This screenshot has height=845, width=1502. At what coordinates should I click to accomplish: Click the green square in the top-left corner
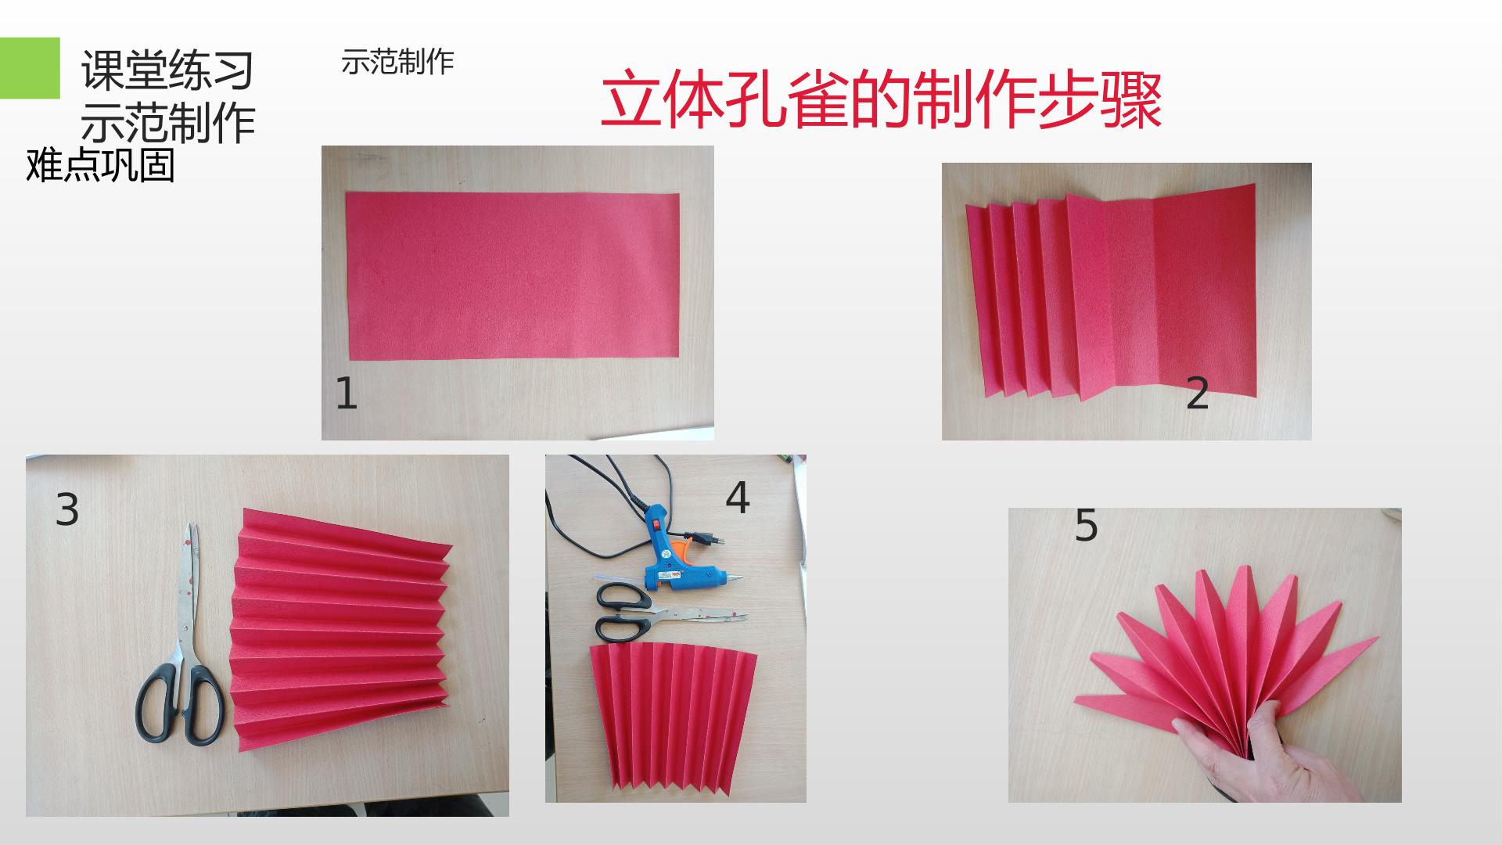point(30,68)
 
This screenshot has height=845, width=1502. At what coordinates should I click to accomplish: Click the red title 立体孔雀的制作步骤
point(881,101)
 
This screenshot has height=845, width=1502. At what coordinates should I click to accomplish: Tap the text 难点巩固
point(100,166)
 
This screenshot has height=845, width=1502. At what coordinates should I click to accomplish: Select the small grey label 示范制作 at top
point(397,62)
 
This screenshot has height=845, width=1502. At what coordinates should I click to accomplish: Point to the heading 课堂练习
point(168,70)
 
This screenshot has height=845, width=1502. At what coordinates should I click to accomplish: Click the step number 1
point(346,394)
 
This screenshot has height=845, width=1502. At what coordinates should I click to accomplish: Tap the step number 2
point(1198,394)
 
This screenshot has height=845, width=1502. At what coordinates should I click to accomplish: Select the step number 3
point(67,509)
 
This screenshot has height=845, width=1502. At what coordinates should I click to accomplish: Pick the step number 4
point(738,497)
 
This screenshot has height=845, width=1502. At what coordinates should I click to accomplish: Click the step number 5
point(1087,525)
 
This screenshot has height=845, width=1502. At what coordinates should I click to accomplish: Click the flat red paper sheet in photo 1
point(513,276)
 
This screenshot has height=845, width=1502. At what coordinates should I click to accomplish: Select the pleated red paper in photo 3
point(341,631)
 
